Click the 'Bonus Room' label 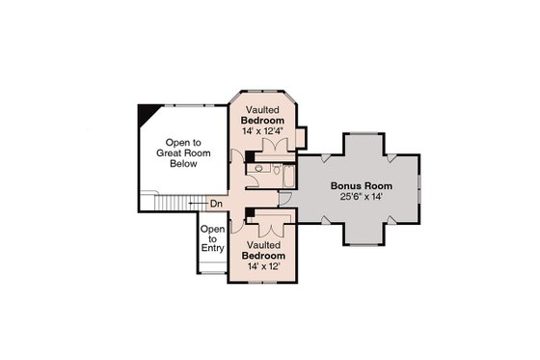359,185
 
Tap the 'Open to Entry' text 212,238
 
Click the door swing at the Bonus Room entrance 288,200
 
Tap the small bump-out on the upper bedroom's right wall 301,137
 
